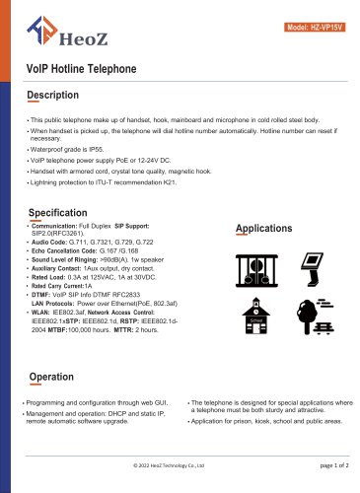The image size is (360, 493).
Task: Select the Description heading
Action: pos(58,96)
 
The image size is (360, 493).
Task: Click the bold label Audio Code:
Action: pos(51,242)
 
